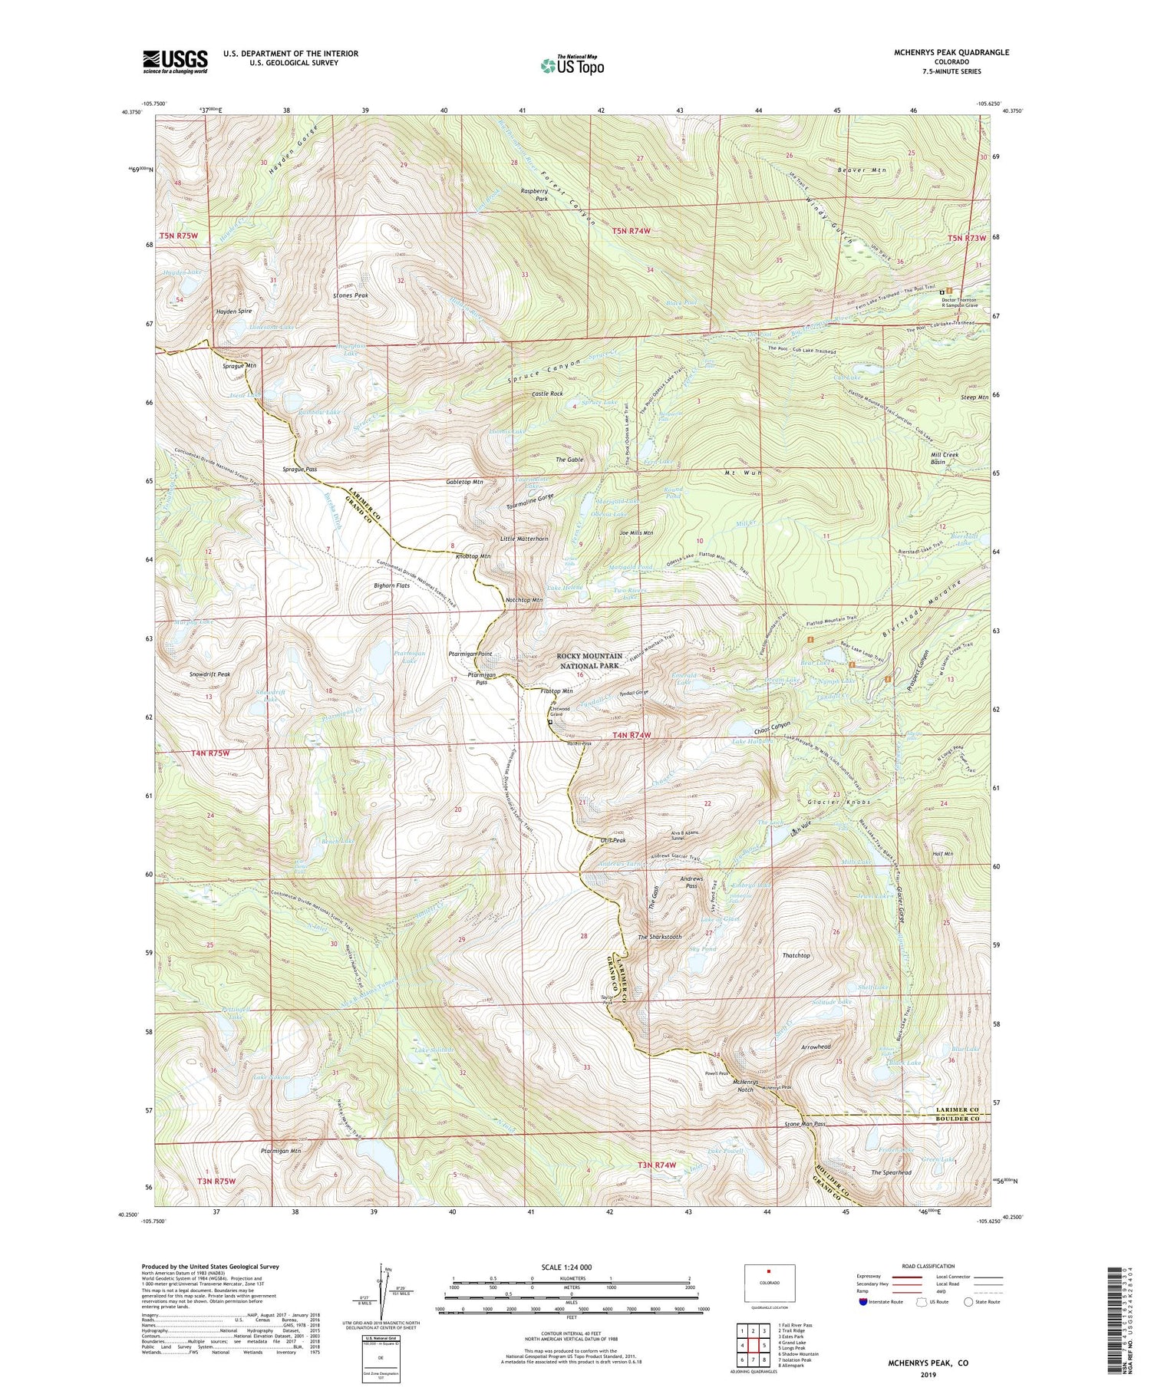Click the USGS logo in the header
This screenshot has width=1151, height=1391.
[175, 61]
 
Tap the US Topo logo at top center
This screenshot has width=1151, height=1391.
[572, 65]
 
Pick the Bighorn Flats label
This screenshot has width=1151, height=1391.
[392, 585]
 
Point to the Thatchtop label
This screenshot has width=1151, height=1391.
[796, 955]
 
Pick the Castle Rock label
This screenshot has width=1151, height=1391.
[547, 394]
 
